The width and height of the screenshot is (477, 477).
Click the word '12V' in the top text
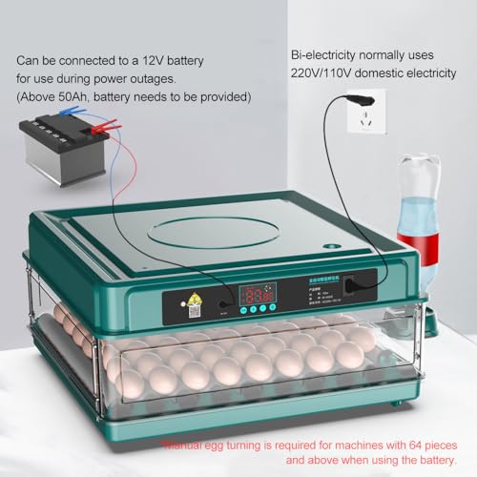(x=176, y=59)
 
